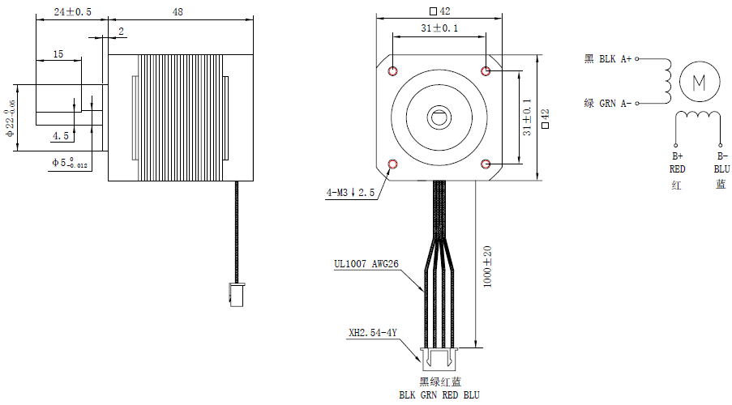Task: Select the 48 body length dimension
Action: pos(178,12)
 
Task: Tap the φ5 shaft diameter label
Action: pos(69,163)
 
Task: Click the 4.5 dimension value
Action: pos(60,135)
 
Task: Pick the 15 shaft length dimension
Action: pos(58,53)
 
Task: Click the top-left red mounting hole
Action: pos(393,71)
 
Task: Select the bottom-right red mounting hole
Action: pos(486,164)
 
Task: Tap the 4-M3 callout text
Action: pos(350,193)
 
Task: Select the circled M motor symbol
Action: pos(700,80)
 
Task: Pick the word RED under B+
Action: pos(678,169)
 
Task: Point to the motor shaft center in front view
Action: pos(439,118)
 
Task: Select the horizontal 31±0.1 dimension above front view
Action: pos(439,28)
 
